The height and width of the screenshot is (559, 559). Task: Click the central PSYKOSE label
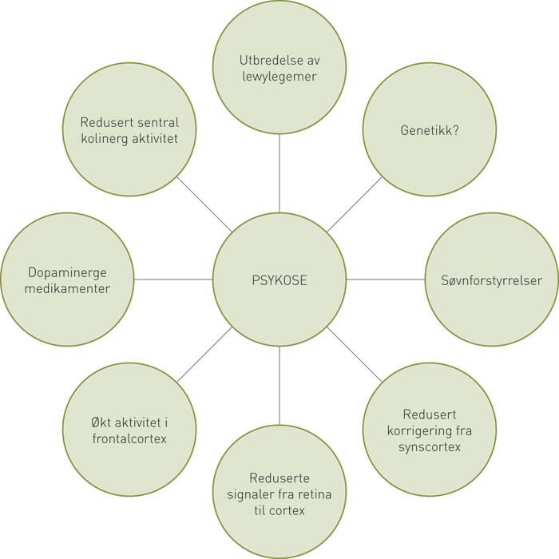(279, 280)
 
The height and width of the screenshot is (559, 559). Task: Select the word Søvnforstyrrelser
(491, 280)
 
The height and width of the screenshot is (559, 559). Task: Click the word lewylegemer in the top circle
(279, 78)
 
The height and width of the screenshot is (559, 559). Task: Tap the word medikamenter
(68, 288)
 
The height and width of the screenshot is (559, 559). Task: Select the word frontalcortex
(129, 438)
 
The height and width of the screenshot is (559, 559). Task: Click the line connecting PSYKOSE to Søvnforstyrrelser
(385, 279)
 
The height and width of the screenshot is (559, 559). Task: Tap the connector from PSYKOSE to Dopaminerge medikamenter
(173, 279)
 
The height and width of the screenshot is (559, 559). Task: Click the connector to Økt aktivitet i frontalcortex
(204, 355)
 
